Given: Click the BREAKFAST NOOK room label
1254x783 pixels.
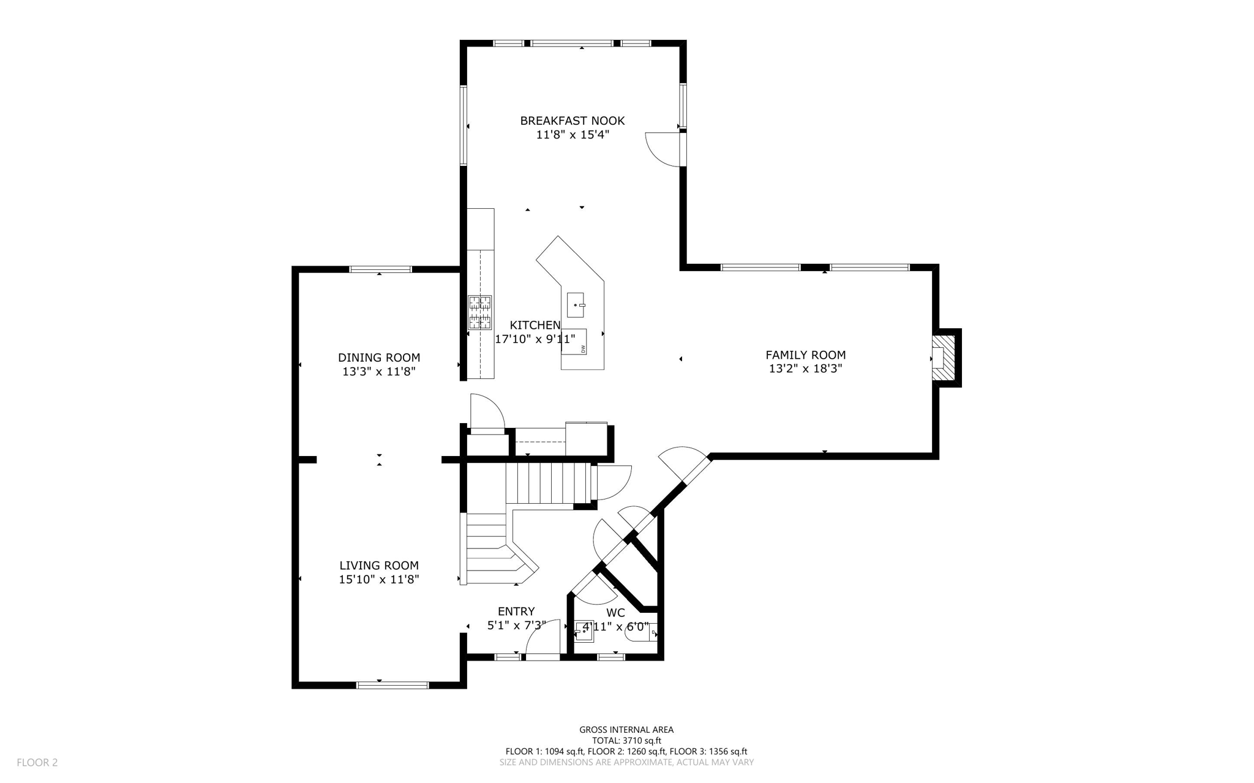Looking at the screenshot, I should pos(572,121).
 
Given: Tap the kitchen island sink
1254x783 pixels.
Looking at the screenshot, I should pos(576,304).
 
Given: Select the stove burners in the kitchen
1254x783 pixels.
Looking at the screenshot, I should pos(479,312).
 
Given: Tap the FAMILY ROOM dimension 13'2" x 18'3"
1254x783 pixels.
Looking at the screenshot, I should pos(805,369).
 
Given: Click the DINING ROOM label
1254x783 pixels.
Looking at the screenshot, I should pos(379,358).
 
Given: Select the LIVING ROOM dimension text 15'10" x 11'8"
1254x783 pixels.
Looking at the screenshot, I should pos(379,579).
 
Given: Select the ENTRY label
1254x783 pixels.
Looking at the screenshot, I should pos(516,611).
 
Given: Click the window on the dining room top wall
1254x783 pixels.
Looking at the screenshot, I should pos(380,269).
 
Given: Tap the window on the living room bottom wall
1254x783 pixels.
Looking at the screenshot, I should pos(392,685).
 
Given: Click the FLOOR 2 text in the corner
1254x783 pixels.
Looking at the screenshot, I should pos(37,762).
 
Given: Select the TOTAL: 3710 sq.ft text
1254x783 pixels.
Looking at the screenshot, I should pos(626,740).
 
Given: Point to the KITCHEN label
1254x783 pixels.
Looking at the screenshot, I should pos(535,325).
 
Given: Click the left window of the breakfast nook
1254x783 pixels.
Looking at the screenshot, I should pos(464,126).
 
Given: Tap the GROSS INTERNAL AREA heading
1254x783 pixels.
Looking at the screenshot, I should pos(626,729).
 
